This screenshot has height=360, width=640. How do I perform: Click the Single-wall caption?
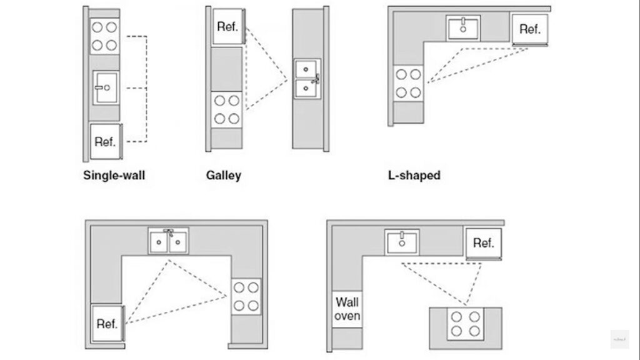coord(114,176)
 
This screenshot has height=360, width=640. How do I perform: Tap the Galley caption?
coord(223,176)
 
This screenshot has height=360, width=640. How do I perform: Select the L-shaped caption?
coord(414,176)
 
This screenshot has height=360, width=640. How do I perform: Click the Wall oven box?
coord(347,309)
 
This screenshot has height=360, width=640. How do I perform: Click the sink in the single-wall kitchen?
coord(106,88)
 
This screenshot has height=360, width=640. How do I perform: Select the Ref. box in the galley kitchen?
coord(229,27)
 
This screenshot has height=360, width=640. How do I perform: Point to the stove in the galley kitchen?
coord(227,109)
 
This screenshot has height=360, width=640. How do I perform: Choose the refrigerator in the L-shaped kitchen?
coord(529,29)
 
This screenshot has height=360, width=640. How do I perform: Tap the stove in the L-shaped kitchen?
coord(407,83)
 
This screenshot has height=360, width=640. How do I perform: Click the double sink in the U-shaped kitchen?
coord(168,241)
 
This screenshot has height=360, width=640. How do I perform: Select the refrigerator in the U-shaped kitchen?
coord(107,323)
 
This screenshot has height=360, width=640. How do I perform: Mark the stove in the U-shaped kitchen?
coord(245,297)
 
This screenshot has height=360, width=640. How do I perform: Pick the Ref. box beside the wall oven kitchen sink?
coord(483,242)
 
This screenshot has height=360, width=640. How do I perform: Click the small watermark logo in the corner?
coord(619,339)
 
